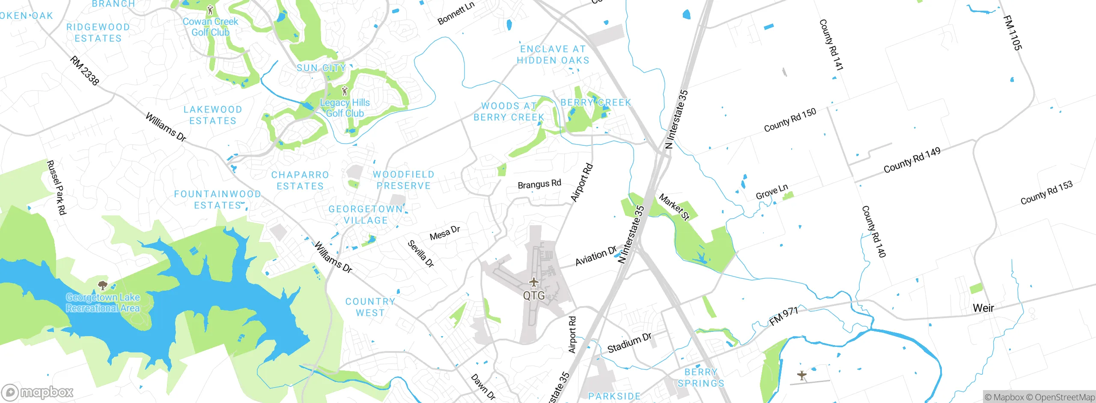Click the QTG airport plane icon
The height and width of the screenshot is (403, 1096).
click(533, 282)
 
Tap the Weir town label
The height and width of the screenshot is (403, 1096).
click(983, 308)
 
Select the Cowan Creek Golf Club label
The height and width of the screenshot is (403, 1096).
click(210, 27)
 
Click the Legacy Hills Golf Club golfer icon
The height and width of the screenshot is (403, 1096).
click(345, 91)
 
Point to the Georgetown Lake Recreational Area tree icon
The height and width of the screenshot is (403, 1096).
click(102, 285)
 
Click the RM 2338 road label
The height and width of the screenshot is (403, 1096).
click(84, 70)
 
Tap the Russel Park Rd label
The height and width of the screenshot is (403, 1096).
click(57, 187)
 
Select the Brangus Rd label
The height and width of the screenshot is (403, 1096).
click(539, 184)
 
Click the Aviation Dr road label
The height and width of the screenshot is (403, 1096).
click(596, 256)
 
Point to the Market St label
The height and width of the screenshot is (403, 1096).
click(674, 207)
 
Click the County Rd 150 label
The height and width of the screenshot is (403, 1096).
click(790, 120)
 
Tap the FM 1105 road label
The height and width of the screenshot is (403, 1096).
click(1012, 33)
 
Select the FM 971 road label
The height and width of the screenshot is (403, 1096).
click(783, 316)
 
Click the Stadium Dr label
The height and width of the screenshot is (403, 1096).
click(629, 343)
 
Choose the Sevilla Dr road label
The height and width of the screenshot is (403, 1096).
click(420, 254)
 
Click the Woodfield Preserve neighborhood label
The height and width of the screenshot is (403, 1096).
click(403, 180)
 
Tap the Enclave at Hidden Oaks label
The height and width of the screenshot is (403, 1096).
click(553, 55)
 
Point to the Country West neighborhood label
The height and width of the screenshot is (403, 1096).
click(370, 307)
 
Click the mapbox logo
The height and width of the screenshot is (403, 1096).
click(37, 392)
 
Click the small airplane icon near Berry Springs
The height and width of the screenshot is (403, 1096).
click(801, 376)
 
